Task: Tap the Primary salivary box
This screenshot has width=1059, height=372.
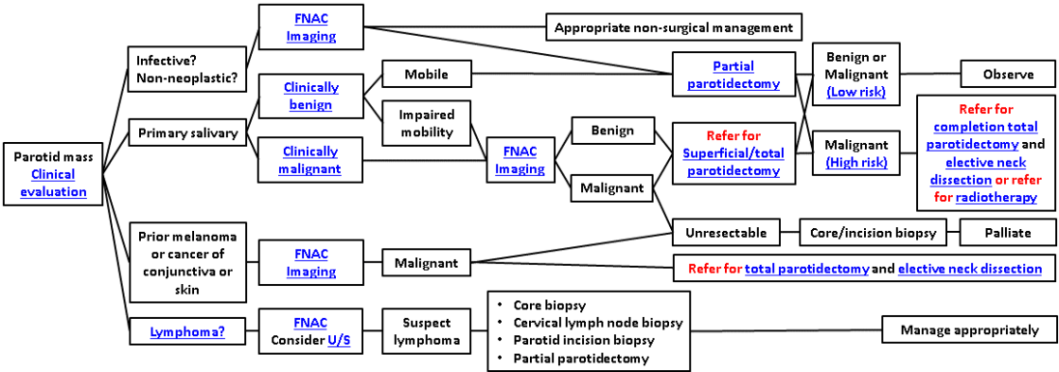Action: point(187,132)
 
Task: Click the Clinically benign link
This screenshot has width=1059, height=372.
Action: point(312,97)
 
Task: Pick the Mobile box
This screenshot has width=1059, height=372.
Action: point(426,73)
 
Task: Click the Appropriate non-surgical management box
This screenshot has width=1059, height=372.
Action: point(674,28)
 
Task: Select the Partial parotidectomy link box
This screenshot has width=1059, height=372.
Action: point(734,75)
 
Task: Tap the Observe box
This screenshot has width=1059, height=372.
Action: point(1009,75)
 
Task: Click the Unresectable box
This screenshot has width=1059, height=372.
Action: point(727,234)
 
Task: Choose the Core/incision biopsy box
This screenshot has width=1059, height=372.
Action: point(872,234)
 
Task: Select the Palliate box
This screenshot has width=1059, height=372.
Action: point(1009,234)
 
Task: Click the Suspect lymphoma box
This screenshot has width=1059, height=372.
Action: point(426,331)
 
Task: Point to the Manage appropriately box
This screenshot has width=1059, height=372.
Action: point(969,330)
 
